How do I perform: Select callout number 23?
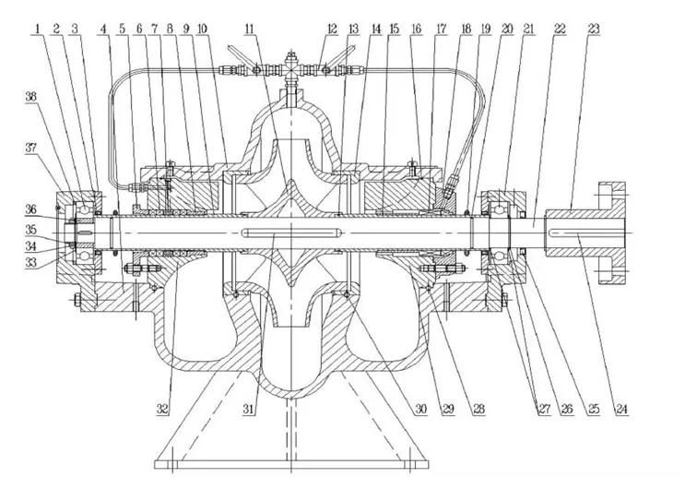point(592,30)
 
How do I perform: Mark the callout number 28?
point(478,407)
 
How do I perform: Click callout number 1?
point(39,30)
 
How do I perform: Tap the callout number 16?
point(417,30)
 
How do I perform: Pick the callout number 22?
point(561,30)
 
